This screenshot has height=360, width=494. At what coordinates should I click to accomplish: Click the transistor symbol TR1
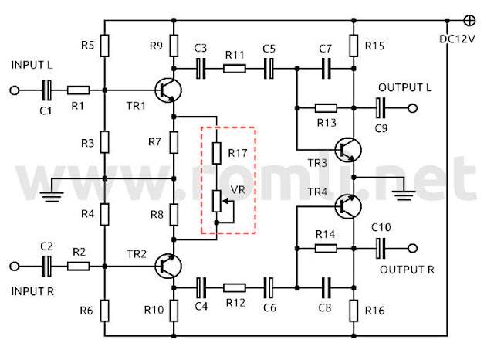tap(168, 90)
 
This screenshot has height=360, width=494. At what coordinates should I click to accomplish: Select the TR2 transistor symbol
tap(168, 267)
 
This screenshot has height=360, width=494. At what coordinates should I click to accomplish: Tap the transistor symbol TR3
tap(348, 150)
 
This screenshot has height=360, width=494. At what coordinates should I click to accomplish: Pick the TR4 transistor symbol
tap(348, 206)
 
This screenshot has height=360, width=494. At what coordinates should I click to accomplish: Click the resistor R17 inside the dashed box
tap(217, 154)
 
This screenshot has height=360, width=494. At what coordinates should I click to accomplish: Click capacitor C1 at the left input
tap(46, 90)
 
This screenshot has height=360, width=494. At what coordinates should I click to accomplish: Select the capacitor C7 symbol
tap(326, 69)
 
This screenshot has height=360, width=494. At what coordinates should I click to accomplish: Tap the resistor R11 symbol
tap(235, 69)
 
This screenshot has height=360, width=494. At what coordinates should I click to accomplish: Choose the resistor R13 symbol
tap(326, 108)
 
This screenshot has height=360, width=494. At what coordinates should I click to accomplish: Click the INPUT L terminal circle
tap(15, 90)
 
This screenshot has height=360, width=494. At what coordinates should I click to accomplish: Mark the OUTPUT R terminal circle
tap(413, 249)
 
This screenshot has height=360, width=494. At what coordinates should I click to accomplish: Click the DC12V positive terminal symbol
tap(470, 21)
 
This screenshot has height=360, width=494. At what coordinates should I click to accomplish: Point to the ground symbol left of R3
tap(52, 196)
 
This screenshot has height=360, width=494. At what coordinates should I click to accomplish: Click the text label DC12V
tap(457, 39)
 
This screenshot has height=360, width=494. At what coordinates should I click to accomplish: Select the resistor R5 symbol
tap(105, 46)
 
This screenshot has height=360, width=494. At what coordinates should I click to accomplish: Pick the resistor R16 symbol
tap(354, 311)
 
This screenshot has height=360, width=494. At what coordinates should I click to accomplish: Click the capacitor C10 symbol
tap(381, 249)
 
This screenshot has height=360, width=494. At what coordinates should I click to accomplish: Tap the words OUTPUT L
tap(404, 87)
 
